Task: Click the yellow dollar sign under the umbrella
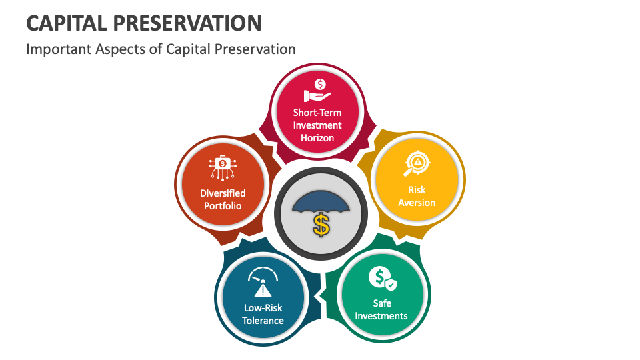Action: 321,224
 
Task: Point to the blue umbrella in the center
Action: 321,202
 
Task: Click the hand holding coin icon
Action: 317,91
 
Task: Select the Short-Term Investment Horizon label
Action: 317,125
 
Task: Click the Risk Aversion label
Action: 417,196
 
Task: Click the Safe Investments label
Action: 381,309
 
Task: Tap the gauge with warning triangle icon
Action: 263,283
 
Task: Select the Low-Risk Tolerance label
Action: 263,314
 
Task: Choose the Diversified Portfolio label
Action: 223,199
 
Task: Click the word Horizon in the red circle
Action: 317,138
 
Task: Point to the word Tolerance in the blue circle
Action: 263,321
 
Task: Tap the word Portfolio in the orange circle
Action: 223,206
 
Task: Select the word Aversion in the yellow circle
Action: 417,203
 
